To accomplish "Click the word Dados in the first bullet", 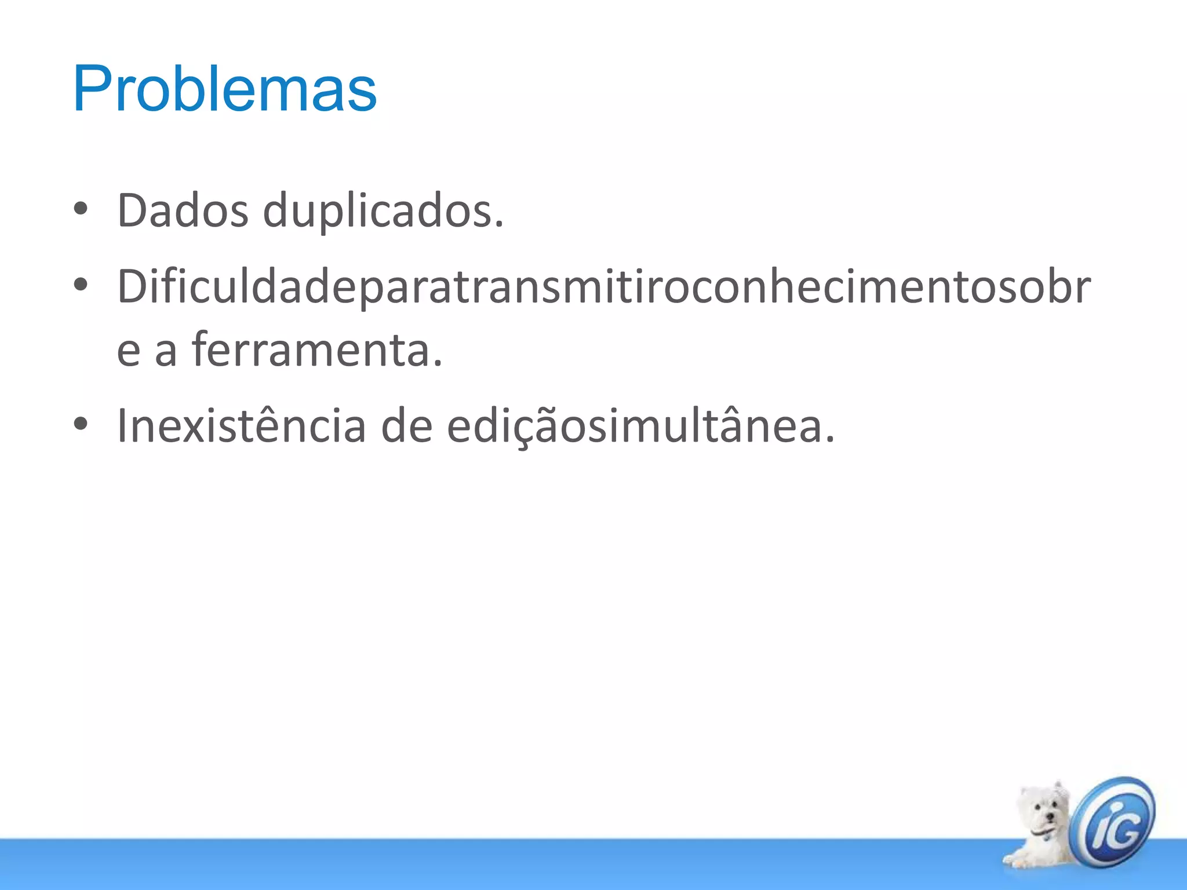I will coord(183,211).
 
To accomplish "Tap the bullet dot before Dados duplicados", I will coord(81,209).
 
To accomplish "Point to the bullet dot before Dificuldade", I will coord(81,284).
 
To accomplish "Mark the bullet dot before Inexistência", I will coord(81,424).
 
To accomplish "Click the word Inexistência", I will coord(241,425).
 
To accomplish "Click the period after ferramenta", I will coord(438,365).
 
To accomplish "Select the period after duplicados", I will coord(500,225).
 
